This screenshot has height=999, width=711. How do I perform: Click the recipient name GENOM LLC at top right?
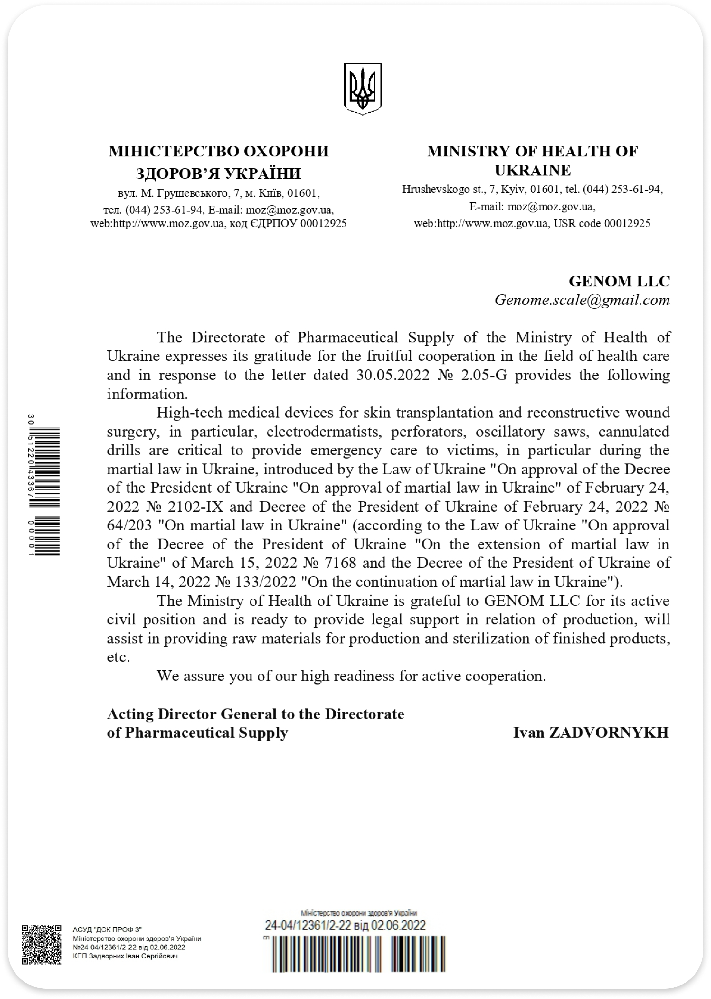619,281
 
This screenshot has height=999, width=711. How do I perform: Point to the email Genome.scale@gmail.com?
582,300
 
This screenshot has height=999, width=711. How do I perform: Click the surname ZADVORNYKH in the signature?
609,733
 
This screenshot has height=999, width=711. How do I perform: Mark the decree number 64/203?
129,525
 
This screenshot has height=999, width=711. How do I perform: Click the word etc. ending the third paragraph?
118,657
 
